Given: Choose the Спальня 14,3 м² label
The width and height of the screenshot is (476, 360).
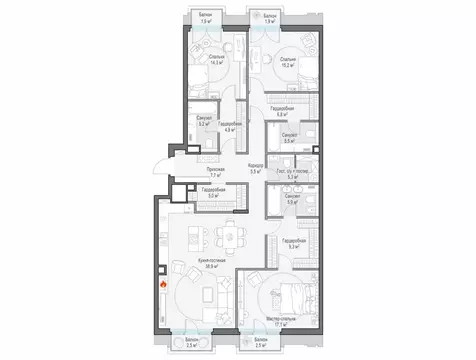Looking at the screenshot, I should (216, 59).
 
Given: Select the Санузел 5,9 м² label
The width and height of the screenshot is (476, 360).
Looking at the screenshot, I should (291, 199).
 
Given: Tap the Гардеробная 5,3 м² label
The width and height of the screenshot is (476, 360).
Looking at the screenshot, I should (292, 243).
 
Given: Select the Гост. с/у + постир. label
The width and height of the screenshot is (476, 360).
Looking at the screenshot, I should (291, 171).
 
